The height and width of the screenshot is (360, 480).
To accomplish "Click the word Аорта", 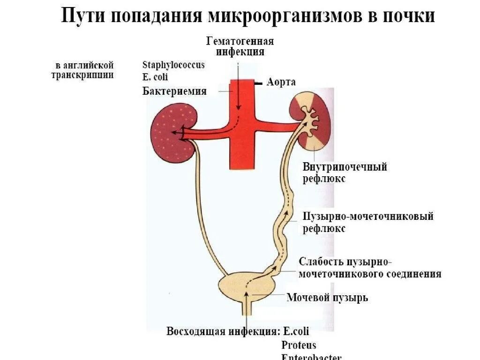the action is click(281, 82).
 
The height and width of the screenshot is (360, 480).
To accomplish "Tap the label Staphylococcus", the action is click(173, 65).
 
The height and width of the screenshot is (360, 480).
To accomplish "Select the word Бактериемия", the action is click(174, 91).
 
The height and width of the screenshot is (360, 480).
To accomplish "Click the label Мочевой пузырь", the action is click(327, 298).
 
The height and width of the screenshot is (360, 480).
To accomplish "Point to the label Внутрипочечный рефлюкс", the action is click(345, 172).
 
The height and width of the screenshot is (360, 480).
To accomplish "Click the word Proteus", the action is click(299, 345).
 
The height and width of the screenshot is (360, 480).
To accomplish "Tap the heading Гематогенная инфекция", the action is click(240, 46).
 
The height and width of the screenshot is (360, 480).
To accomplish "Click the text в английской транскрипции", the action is click(82, 70).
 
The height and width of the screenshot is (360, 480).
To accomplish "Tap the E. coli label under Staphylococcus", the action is click(155, 77).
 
